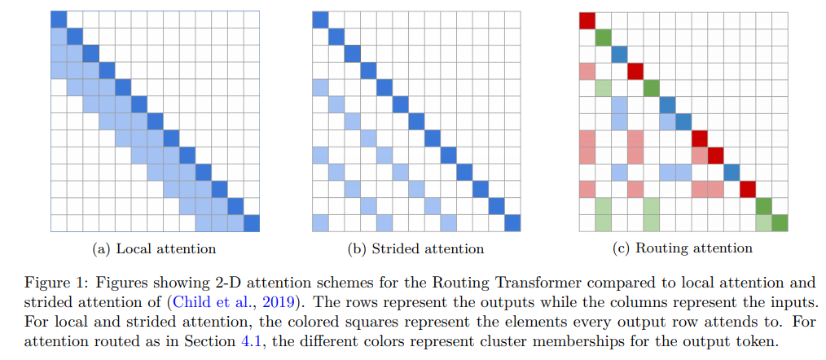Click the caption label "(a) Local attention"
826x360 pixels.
click(154, 248)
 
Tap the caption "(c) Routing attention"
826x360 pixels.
click(683, 248)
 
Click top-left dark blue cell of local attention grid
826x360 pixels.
click(58, 20)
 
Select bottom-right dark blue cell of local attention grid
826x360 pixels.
click(252, 222)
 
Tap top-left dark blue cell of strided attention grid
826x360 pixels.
click(320, 20)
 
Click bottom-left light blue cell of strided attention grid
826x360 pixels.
click(320, 222)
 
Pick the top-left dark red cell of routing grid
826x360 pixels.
click(587, 20)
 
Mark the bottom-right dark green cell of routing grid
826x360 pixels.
click(780, 222)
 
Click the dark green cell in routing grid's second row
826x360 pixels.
click(603, 37)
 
